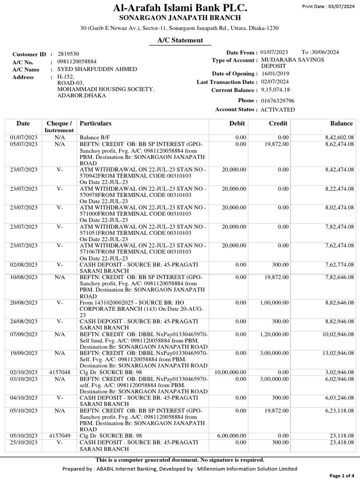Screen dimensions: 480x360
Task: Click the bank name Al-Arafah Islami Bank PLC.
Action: tap(180, 8)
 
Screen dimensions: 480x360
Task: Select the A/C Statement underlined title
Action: tap(180, 40)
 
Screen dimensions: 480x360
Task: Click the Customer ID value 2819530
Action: tap(68, 54)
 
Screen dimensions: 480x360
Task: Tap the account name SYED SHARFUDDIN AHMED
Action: tap(97, 69)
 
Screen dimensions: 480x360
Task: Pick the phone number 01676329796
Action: tap(277, 101)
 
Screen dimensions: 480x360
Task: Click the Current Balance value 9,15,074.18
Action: tap(275, 90)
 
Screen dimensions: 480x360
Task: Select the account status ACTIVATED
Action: tap(277, 110)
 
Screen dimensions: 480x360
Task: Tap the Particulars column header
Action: tap(96, 123)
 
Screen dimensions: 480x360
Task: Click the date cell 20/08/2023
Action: tap(23, 303)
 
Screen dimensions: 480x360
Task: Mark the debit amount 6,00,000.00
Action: tap(232, 435)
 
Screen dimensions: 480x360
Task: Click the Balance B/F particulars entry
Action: tap(92, 137)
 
